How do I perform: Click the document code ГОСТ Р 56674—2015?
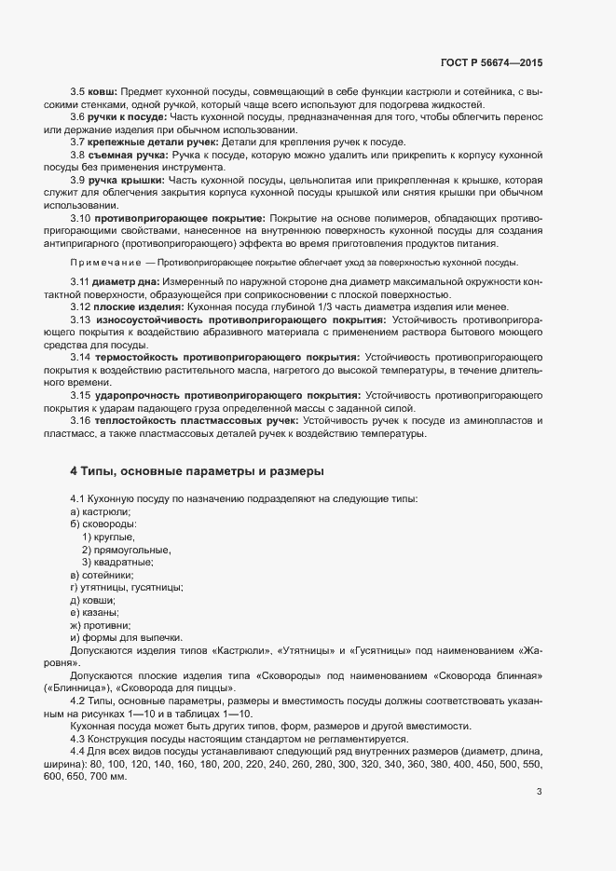coord(491,63)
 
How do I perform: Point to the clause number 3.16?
coord(80,421)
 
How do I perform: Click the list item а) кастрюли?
coord(101,512)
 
